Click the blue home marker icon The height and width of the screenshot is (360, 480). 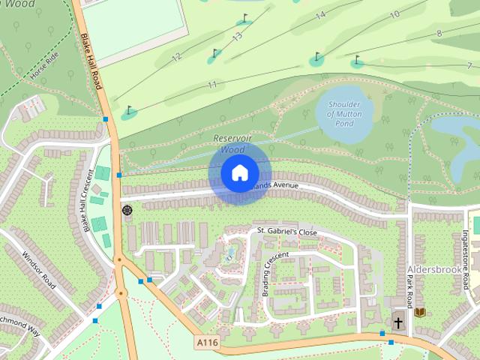pyautogui.click(x=238, y=173)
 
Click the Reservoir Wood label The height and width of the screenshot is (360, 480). pyautogui.click(x=229, y=144)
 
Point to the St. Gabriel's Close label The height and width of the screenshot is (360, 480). pyautogui.click(x=286, y=232)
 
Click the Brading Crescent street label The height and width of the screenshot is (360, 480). pyautogui.click(x=274, y=274)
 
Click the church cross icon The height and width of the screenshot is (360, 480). pyautogui.click(x=397, y=323)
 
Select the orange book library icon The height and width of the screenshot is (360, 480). pyautogui.click(x=420, y=311)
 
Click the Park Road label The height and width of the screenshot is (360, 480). pyautogui.click(x=409, y=291)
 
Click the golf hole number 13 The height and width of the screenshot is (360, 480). pyautogui.click(x=238, y=36)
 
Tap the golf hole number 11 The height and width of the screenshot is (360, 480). pyautogui.click(x=213, y=84)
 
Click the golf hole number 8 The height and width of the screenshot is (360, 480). pyautogui.click(x=439, y=34)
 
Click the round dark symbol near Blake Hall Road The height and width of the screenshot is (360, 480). pyautogui.click(x=127, y=210)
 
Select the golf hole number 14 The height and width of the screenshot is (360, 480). pyautogui.click(x=320, y=15)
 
